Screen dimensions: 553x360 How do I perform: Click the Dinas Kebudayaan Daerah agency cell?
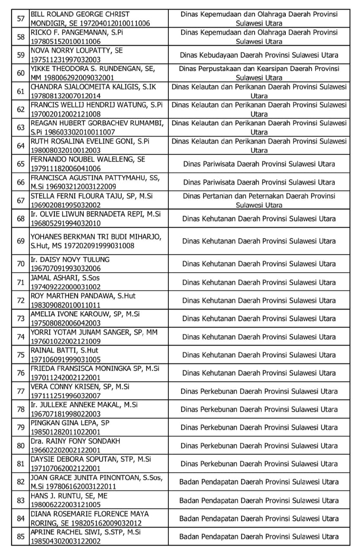[x=259, y=55]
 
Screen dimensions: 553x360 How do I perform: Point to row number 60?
[x=20, y=73]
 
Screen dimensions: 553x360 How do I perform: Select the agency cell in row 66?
[x=259, y=182]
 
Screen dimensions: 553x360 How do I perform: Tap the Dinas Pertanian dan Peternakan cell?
[x=259, y=200]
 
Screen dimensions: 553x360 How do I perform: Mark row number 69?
[x=20, y=241]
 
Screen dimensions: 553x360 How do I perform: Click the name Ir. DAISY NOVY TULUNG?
[x=70, y=260]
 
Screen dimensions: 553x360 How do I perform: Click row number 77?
[x=20, y=391]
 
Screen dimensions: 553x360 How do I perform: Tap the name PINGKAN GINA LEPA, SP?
[x=69, y=423]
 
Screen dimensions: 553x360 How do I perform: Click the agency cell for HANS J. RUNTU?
[x=259, y=500]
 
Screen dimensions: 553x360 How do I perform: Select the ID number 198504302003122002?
[x=65, y=541]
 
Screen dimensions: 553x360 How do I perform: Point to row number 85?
[x=20, y=537]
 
